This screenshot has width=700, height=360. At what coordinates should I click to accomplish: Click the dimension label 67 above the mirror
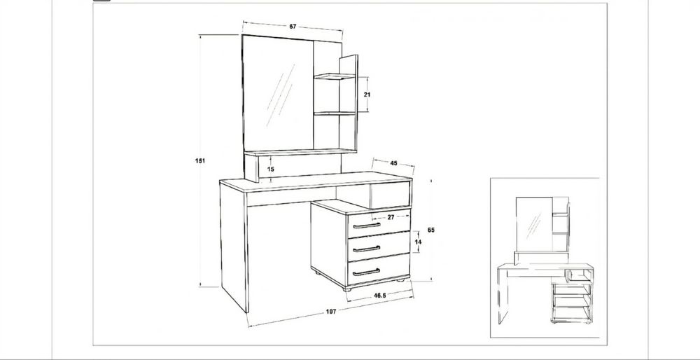click(x=293, y=27)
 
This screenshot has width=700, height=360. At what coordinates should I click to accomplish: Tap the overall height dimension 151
click(x=200, y=161)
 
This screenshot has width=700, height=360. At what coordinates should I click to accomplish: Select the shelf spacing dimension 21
click(x=367, y=95)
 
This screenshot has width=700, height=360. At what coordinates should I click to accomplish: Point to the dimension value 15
click(x=271, y=169)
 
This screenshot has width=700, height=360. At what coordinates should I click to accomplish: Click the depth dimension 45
click(x=393, y=163)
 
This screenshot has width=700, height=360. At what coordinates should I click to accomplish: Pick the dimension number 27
click(x=391, y=217)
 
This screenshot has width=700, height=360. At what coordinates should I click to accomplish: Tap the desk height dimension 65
click(x=430, y=230)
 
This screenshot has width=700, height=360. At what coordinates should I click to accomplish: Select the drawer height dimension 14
click(x=418, y=242)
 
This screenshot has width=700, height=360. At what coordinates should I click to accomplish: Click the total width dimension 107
click(x=331, y=311)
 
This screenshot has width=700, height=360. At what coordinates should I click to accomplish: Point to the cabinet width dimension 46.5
click(x=380, y=296)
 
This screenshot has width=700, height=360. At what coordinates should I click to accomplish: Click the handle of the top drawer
click(x=367, y=226)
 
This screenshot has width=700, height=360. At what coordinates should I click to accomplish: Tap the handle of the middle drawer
click(x=366, y=249)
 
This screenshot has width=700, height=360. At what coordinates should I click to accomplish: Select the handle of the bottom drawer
click(x=366, y=272)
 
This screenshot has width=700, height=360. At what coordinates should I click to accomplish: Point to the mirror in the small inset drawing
click(x=534, y=224)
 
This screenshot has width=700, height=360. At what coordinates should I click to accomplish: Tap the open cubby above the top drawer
click(x=390, y=195)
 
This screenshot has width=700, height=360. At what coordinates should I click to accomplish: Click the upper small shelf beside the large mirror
click(x=334, y=77)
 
